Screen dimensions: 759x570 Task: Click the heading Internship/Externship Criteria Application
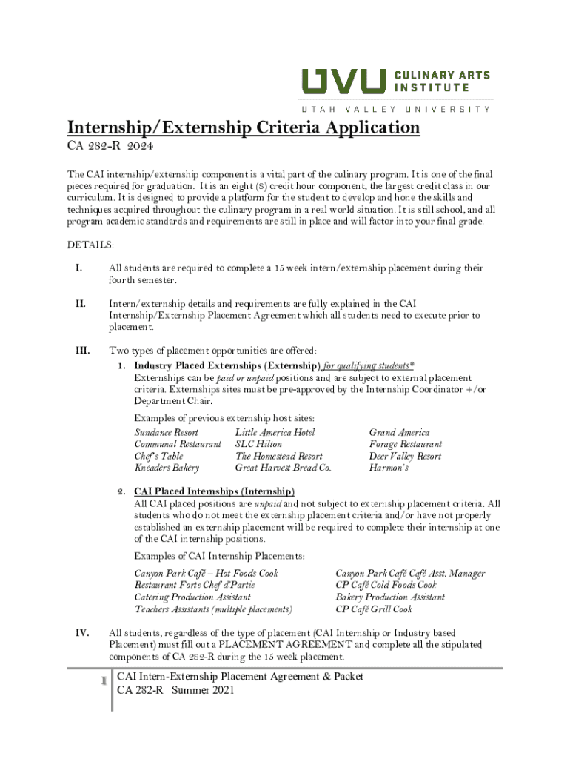coord(244,128)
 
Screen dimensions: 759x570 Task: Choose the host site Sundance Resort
coord(166,432)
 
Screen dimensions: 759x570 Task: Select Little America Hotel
coord(275,432)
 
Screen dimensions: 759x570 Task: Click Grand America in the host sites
coord(399,432)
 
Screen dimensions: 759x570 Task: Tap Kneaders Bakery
coord(167,468)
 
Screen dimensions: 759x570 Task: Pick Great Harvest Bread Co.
coord(283,468)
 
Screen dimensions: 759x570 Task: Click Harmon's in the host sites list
coord(389,468)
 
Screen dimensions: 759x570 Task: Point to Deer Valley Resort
coord(405,456)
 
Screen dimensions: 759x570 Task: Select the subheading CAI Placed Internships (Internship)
coord(214,492)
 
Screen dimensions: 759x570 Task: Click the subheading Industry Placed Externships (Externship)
coord(227,366)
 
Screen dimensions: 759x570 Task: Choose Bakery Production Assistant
coord(390,597)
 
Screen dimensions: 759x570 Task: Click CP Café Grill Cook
coord(374,609)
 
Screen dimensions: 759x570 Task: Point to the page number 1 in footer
coord(104,680)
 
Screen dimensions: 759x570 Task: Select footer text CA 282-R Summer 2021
coord(176,690)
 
